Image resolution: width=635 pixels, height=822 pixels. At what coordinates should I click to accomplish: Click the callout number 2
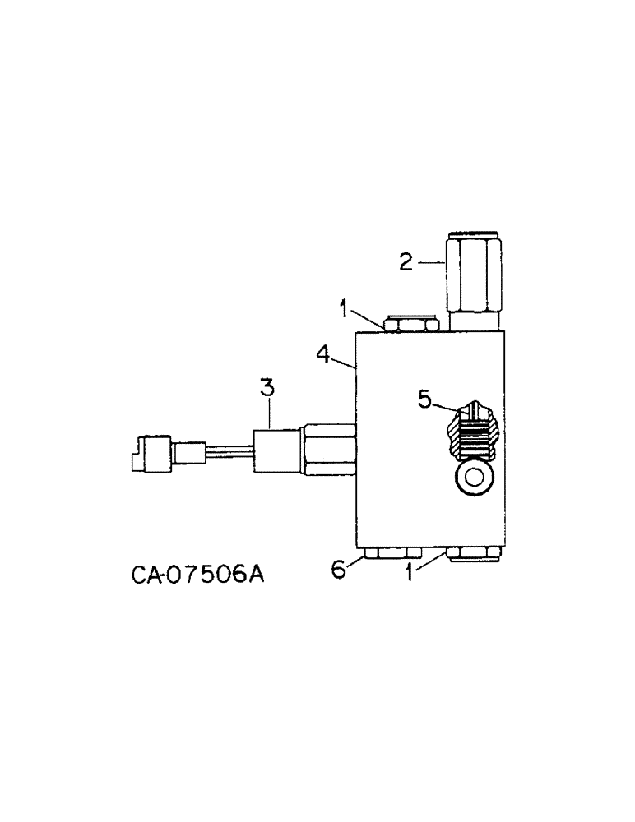pyautogui.click(x=406, y=262)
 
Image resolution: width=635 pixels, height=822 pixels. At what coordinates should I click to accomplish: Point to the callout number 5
pyautogui.click(x=424, y=399)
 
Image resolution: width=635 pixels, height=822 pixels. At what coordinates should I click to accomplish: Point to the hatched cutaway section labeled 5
pyautogui.click(x=475, y=432)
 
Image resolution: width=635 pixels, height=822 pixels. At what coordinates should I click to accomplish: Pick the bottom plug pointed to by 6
pyautogui.click(x=393, y=555)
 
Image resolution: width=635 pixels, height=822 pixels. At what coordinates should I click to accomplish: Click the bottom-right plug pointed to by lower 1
pyautogui.click(x=475, y=556)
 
